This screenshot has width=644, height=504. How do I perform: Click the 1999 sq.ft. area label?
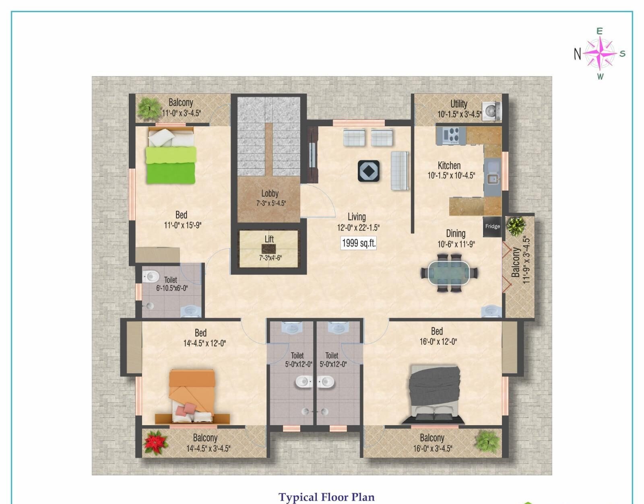(358, 243)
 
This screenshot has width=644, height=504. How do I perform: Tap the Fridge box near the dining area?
(492, 226)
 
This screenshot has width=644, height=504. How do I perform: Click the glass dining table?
(449, 273)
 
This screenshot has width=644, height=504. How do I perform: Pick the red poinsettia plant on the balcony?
(155, 442)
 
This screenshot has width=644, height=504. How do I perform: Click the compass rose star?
(600, 53)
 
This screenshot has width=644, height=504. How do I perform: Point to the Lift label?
(269, 239)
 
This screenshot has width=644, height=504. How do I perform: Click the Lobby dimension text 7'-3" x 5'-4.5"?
(271, 204)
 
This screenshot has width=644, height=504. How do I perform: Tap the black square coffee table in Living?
(369, 171)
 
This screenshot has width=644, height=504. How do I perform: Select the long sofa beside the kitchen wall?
(399, 171)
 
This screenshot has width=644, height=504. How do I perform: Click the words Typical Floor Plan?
(326, 497)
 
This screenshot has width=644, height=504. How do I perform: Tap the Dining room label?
(456, 233)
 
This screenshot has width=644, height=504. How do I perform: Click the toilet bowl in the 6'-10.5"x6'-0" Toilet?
(151, 276)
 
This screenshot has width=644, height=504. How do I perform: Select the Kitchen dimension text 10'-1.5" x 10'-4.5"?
(451, 176)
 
